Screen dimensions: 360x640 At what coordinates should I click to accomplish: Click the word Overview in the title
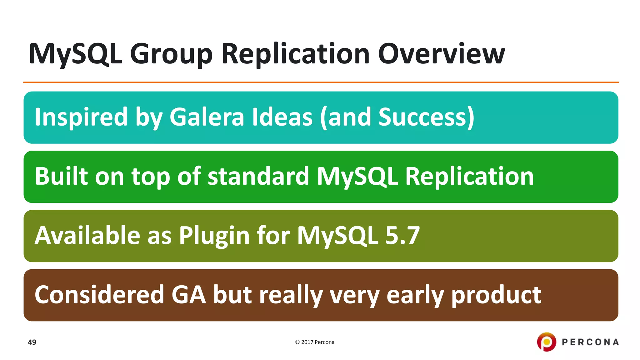coord(441,54)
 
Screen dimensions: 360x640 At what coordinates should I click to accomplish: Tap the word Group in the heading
coord(171,54)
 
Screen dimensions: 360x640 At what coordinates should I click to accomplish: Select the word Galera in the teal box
coord(207,117)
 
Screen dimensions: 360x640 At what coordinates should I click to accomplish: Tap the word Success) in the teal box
coord(426,117)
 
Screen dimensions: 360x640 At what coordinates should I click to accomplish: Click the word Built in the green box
coord(61,176)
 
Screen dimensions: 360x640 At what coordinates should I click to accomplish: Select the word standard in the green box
coord(258,176)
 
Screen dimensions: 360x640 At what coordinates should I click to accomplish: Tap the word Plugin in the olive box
coord(214,235)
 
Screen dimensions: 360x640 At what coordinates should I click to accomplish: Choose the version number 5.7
coord(402,235)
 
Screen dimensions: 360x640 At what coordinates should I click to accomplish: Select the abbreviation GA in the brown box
coord(188,295)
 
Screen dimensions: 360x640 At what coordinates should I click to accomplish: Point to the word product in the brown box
coord(496,295)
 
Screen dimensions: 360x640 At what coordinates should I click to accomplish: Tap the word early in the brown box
coord(415,295)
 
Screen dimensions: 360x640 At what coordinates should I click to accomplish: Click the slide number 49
coord(32,342)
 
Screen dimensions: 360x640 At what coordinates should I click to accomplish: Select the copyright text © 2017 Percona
coord(315,342)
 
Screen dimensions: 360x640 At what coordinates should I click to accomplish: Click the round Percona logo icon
coord(547,342)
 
